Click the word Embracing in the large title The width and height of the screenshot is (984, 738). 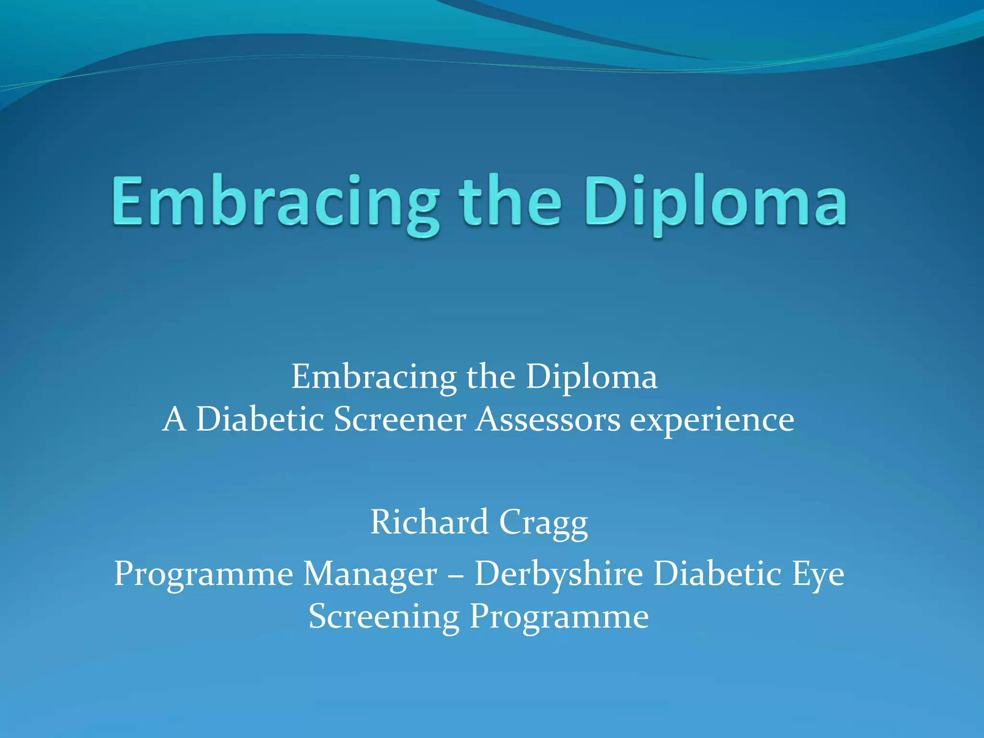click(x=275, y=202)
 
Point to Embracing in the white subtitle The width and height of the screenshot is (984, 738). click(x=374, y=377)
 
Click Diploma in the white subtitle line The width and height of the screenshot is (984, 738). click(x=591, y=377)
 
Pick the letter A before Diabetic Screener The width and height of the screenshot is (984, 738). click(x=174, y=419)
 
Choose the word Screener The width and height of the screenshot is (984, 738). click(x=399, y=419)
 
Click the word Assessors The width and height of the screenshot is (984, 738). click(x=548, y=419)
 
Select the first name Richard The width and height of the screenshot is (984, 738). click(x=429, y=522)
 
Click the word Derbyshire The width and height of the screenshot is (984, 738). click(x=559, y=574)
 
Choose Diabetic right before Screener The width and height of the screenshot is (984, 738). click(x=260, y=419)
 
